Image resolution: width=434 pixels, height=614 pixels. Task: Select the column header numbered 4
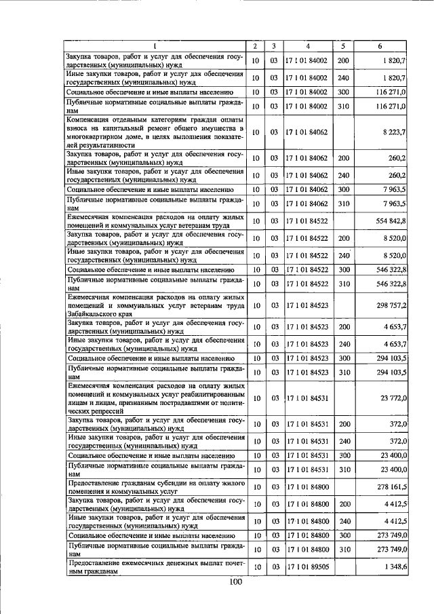pyautogui.click(x=308, y=46)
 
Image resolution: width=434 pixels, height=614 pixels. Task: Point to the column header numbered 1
pyautogui.click(x=154, y=46)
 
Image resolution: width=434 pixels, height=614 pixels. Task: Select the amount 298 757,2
pyautogui.click(x=387, y=305)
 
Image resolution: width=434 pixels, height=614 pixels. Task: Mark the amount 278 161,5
pyautogui.click(x=387, y=487)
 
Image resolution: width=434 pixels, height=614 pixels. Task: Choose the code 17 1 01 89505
pyautogui.click(x=308, y=566)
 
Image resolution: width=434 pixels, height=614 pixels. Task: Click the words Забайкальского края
pyautogui.click(x=96, y=315)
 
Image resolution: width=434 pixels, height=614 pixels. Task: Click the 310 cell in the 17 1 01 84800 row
pyautogui.click(x=343, y=548)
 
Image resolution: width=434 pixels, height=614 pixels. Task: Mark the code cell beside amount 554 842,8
pyautogui.click(x=308, y=221)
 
